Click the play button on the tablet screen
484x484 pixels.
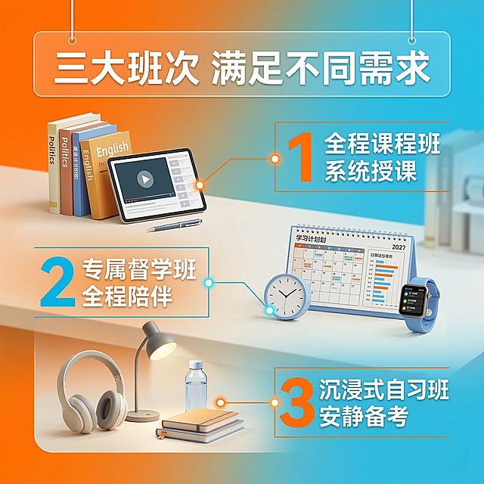[x=145, y=180]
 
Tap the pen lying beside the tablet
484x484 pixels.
[x=175, y=225]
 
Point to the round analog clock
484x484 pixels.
[x=287, y=296]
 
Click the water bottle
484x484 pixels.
[x=197, y=389]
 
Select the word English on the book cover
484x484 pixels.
[x=112, y=149]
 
